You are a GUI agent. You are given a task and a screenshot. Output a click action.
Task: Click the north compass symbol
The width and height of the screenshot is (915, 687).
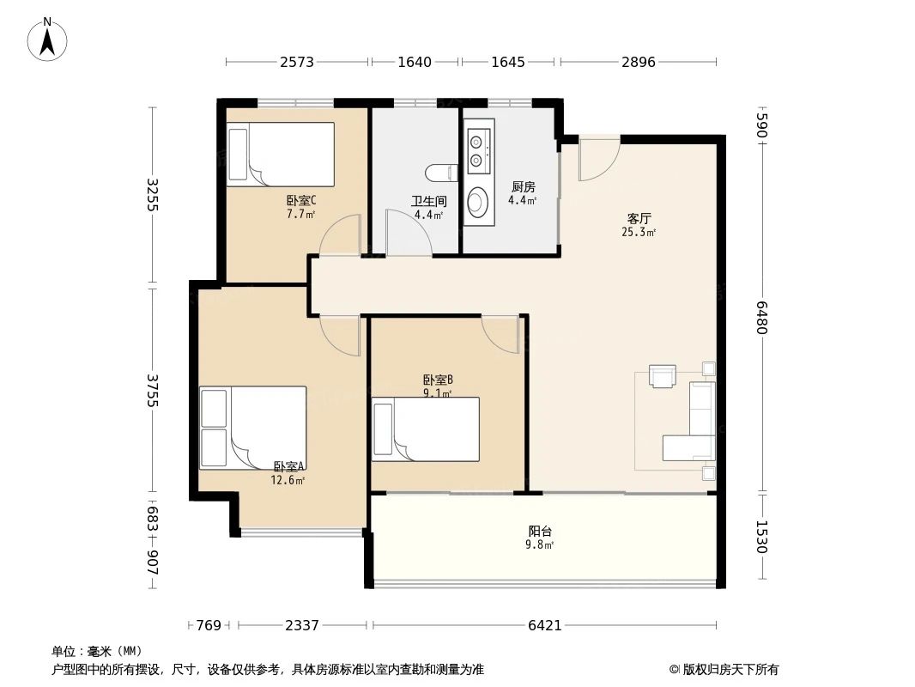[x=48, y=39]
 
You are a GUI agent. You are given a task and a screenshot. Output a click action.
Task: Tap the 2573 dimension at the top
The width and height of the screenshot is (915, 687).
[x=296, y=62]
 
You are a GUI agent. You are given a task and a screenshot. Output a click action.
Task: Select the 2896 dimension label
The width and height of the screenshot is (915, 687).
[x=638, y=62]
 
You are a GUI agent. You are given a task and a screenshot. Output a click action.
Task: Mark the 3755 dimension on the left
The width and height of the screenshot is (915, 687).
[x=152, y=390]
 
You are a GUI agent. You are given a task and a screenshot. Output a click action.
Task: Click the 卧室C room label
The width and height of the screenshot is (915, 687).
[x=301, y=201]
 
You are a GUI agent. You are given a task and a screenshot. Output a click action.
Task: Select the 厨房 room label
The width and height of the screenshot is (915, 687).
[x=523, y=187]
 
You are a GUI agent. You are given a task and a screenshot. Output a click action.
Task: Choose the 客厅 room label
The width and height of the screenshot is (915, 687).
[x=639, y=218]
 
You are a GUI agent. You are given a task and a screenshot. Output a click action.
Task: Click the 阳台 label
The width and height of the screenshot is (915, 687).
[x=540, y=531]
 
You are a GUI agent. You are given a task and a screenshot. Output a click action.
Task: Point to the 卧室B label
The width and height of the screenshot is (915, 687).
[x=438, y=380]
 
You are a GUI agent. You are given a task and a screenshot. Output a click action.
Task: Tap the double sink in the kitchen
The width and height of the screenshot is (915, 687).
[x=476, y=150]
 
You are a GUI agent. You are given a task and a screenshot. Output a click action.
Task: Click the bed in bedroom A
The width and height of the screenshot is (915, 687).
[x=252, y=427]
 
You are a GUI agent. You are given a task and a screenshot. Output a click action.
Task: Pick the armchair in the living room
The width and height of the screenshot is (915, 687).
[x=663, y=377]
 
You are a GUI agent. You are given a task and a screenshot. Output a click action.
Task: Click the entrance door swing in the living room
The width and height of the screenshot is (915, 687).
[x=598, y=159]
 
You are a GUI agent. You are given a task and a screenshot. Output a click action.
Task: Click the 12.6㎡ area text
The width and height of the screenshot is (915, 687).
[x=288, y=481]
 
